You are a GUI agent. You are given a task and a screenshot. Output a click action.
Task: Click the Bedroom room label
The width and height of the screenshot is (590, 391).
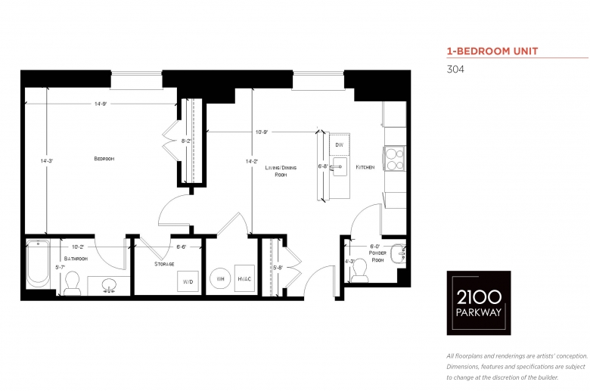104,159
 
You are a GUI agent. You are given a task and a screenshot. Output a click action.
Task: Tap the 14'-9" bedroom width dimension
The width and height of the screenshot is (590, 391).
101,104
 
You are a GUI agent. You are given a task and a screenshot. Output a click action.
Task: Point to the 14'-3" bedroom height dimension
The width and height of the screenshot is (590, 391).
47,160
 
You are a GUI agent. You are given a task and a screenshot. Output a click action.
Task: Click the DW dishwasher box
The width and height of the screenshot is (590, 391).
340,144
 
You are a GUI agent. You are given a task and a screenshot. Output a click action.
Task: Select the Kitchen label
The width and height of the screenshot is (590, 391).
365,167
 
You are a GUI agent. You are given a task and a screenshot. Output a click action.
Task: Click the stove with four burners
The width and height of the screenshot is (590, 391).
394,159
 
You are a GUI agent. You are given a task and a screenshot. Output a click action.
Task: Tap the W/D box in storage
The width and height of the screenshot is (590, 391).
188,281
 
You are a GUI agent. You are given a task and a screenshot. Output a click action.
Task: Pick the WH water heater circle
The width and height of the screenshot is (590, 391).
221,278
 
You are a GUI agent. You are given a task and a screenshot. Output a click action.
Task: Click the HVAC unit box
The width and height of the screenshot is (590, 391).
244,278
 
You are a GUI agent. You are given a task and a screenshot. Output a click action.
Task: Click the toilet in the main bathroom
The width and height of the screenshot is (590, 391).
72,284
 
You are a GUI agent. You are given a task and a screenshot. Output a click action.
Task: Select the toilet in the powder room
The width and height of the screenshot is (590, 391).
360,271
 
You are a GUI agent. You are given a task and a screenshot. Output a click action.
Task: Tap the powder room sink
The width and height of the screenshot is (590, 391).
398,254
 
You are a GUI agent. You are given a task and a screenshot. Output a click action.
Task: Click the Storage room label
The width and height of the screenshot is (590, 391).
164,264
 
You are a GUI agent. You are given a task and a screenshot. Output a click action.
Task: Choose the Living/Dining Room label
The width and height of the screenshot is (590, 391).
281,171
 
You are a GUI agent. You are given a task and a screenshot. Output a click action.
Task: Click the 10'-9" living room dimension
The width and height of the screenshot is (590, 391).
262,132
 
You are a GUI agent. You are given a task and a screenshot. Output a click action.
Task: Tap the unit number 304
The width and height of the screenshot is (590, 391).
455,70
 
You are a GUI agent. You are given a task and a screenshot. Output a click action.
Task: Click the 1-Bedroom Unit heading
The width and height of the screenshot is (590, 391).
492,51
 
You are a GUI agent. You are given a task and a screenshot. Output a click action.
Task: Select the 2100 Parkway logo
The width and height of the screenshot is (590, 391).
479,303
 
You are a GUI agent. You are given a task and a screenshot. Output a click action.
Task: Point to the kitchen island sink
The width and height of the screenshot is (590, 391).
340,166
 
